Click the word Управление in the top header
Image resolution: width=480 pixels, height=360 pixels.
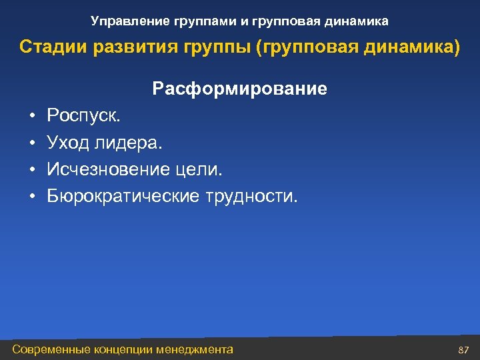click(x=123, y=22)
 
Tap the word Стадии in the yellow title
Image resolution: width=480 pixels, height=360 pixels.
click(x=47, y=48)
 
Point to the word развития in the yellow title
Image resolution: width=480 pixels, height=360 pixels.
click(x=119, y=48)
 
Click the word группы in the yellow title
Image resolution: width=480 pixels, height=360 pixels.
click(x=195, y=48)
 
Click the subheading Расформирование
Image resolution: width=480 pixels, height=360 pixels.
click(x=239, y=89)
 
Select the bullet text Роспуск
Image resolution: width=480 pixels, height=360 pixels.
click(x=84, y=116)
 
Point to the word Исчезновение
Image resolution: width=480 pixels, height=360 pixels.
click(x=107, y=169)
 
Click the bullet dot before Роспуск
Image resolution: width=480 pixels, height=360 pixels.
click(x=32, y=117)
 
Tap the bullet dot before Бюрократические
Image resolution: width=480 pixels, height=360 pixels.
click(x=32, y=197)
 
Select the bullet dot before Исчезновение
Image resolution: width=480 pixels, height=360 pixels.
click(x=32, y=170)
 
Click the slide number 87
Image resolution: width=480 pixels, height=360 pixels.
click(x=464, y=350)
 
